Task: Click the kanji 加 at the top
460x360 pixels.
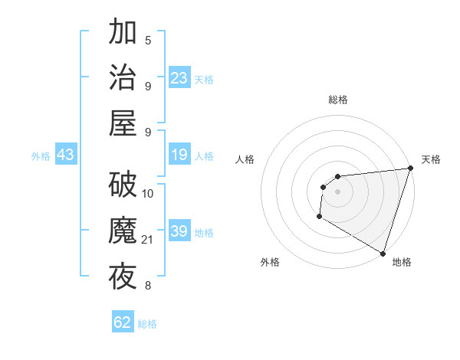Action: tap(123, 33)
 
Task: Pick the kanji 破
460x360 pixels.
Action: tap(123, 185)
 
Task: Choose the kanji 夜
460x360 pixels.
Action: tap(123, 276)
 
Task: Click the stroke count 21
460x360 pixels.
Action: tap(148, 241)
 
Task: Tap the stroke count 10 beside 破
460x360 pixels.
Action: tap(148, 193)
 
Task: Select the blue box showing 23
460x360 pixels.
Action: tap(179, 77)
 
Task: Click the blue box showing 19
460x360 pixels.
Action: tap(179, 155)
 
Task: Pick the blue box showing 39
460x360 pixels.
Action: tap(179, 231)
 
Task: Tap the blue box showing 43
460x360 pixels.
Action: tap(65, 155)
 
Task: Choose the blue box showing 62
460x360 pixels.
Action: tap(123, 322)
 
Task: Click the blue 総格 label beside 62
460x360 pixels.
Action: tap(147, 324)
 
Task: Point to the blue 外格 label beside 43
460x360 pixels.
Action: tap(41, 156)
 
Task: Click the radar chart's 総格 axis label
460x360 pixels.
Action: tap(337, 100)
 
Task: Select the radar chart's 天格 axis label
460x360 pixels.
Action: tap(431, 159)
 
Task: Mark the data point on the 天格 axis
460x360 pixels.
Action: tap(410, 169)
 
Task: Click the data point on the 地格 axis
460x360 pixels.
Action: tap(383, 254)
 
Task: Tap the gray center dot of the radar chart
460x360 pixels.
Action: tap(337, 192)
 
